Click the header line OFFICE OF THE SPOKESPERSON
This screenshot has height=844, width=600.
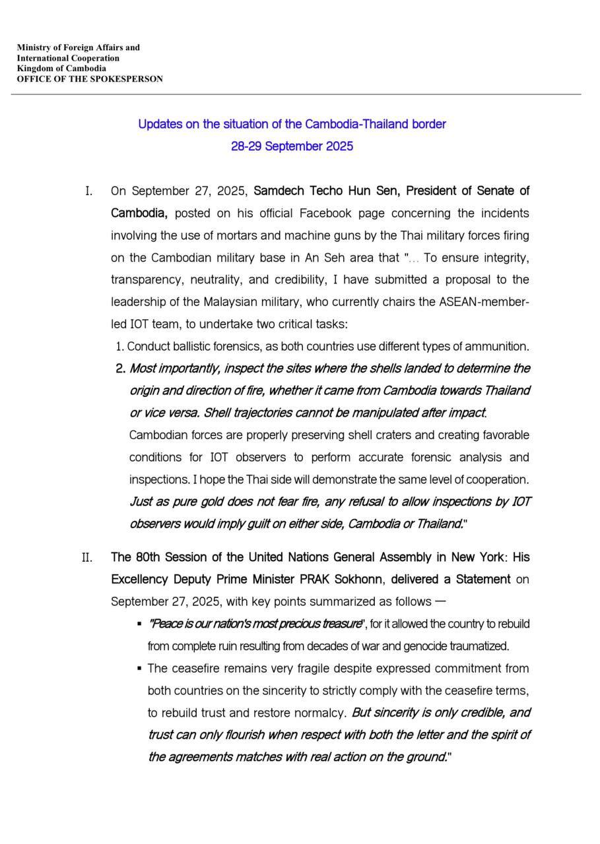(x=90, y=79)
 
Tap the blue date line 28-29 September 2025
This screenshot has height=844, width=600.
(x=292, y=146)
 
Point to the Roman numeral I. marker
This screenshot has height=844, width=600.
(x=88, y=191)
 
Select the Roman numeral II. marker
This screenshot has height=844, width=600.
(x=86, y=558)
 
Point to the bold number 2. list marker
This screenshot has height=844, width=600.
(x=120, y=369)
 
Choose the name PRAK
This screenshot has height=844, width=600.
(x=316, y=580)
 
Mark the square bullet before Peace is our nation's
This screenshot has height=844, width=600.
(x=139, y=624)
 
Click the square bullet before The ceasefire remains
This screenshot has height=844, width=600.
(x=139, y=668)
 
